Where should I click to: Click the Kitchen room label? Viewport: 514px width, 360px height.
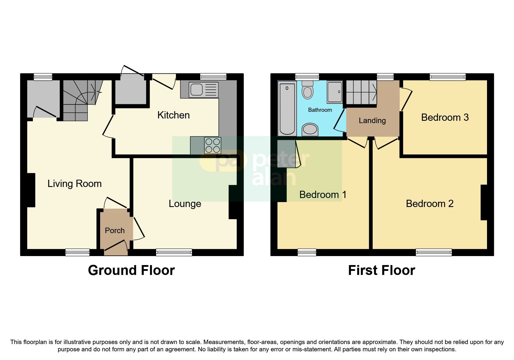(x=173, y=115)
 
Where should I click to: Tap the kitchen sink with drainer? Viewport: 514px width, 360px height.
(x=203, y=90)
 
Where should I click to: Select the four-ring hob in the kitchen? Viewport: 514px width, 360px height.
(x=212, y=145)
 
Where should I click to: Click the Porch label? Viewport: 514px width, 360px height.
(x=115, y=231)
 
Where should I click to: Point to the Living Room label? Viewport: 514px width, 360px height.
(x=74, y=184)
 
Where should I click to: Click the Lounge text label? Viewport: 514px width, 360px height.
(x=185, y=204)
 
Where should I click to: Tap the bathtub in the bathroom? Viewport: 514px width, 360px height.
(x=287, y=108)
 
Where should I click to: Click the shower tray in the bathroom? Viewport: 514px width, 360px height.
(x=334, y=92)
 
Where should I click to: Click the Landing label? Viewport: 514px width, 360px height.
(x=372, y=120)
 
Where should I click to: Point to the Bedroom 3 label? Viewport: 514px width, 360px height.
(x=445, y=118)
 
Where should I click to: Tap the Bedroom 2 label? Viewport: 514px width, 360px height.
(x=429, y=204)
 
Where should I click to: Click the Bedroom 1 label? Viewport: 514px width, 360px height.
(x=322, y=195)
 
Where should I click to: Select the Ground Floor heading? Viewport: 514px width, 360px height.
(x=131, y=270)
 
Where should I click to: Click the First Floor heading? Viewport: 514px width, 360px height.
(x=381, y=270)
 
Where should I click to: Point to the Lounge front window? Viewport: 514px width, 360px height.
(x=174, y=252)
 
